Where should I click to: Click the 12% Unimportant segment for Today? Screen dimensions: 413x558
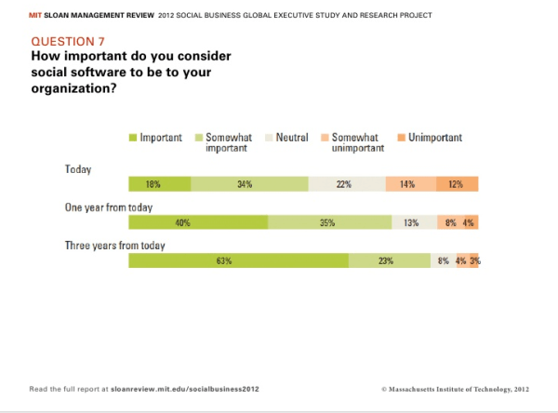457,184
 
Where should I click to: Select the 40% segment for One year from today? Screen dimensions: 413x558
198,223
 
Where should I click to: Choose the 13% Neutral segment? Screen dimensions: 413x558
410,223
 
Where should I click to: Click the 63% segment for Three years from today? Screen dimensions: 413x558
238,261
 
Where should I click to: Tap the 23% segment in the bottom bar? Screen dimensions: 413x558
390,261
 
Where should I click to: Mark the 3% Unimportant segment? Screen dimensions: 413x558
474,261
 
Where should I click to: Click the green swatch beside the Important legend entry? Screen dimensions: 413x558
133,138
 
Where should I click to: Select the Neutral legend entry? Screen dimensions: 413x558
292,138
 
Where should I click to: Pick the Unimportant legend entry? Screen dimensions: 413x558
434,138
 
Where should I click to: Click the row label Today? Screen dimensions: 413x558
77,169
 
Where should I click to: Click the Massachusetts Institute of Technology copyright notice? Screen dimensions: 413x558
455,386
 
